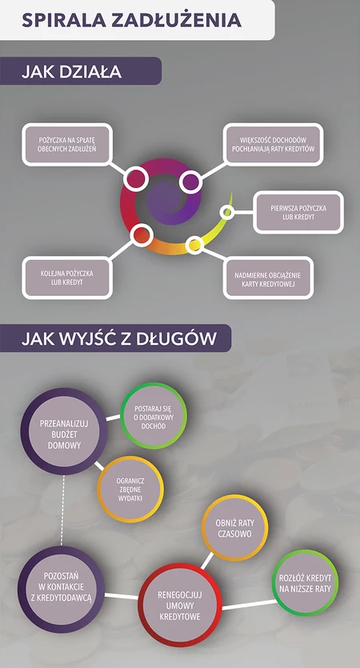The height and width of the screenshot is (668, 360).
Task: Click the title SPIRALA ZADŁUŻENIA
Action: pyautogui.click(x=132, y=20)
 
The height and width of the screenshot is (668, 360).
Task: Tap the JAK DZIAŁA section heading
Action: pyautogui.click(x=71, y=71)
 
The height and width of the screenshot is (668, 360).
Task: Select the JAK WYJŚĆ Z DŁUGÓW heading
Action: pyautogui.click(x=119, y=338)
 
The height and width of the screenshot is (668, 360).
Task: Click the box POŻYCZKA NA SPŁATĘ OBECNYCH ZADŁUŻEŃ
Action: pyautogui.click(x=67, y=145)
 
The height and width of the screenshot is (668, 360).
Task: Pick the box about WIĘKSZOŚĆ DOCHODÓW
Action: pyautogui.click(x=273, y=145)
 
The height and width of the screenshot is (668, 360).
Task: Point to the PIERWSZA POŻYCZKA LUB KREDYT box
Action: pyautogui.click(x=298, y=212)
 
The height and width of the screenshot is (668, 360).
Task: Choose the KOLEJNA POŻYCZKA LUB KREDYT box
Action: pyautogui.click(x=67, y=278)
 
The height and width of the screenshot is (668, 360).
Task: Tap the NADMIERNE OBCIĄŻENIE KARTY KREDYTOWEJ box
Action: pyautogui.click(x=268, y=278)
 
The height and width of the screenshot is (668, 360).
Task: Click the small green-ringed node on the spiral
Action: pyautogui.click(x=227, y=212)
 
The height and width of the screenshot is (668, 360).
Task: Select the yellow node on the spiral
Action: pyautogui.click(x=194, y=245)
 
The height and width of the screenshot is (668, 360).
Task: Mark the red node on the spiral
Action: pyautogui.click(x=142, y=235)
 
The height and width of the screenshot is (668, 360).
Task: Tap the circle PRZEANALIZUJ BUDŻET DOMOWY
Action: pyautogui.click(x=64, y=431)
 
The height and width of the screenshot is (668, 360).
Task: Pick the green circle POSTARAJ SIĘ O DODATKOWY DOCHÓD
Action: pyautogui.click(x=154, y=415)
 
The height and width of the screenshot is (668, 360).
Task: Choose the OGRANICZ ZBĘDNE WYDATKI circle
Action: pyautogui.click(x=130, y=490)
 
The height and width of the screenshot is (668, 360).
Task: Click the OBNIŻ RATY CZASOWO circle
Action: pyautogui.click(x=234, y=528)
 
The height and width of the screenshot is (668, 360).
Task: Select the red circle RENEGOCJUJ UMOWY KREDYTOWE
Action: pyautogui.click(x=180, y=605)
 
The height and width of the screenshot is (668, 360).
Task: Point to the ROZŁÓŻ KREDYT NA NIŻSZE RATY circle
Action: pyautogui.click(x=305, y=582)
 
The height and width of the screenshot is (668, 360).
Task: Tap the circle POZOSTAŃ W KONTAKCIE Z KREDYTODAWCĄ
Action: pyautogui.click(x=62, y=589)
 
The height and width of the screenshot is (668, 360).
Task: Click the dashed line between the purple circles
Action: pyautogui.click(x=63, y=510)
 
